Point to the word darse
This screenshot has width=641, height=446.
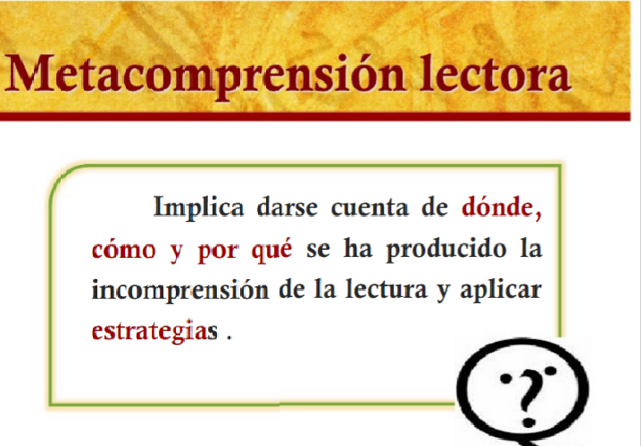[287, 208]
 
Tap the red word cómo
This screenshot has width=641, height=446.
[123, 249]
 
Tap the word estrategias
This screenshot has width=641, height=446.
[154, 332]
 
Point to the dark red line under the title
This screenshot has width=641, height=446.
[320, 116]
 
